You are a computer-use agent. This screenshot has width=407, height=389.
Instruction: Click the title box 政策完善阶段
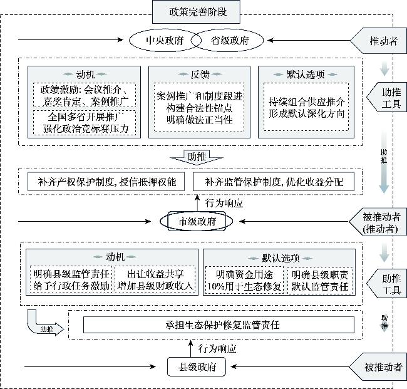(196, 11)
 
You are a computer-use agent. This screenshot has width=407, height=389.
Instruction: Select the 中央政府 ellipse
(164, 41)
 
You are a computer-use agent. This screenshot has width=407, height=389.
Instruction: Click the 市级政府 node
(197, 221)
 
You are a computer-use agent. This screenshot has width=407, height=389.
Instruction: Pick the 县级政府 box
(197, 366)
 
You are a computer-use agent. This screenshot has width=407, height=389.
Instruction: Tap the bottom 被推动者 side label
(383, 366)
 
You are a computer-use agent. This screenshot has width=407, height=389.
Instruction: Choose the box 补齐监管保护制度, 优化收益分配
(273, 182)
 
